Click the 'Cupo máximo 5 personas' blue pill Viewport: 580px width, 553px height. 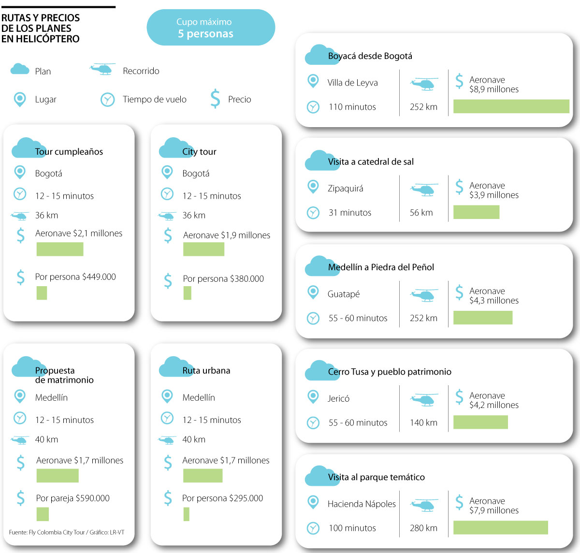211,28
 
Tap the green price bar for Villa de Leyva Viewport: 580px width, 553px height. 511,106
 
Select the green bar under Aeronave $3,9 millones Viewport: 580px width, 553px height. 476,212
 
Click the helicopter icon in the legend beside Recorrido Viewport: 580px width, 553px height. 102,69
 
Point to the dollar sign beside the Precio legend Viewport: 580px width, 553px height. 215,99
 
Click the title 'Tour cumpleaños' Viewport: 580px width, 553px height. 69,151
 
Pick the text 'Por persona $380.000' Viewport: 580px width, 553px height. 223,278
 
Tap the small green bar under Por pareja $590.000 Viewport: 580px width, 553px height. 43,514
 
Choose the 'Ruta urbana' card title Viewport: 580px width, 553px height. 206,370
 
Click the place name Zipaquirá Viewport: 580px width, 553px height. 345,188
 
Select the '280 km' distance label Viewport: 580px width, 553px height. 423,528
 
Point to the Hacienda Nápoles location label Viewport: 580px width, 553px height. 362,504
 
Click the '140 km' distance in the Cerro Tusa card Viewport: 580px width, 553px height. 423,422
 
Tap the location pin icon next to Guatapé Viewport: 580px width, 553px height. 313,292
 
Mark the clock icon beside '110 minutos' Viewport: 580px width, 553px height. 313,107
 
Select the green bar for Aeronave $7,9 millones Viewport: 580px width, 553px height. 500,527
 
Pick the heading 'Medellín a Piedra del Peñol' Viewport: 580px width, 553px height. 381,267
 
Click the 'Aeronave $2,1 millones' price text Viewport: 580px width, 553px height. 79,233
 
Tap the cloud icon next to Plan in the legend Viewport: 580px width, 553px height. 20,69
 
